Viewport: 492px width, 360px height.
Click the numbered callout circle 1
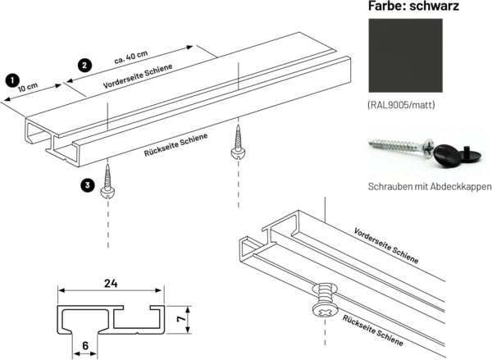(x=11, y=80)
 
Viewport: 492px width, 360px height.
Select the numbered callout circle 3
(x=88, y=185)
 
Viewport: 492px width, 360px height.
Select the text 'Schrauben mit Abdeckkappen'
(x=430, y=187)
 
